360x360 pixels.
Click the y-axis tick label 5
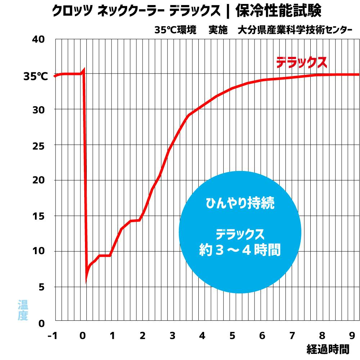(x=42, y=287)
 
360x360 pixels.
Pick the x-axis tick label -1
(x=53, y=336)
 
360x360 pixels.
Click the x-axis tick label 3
(x=172, y=336)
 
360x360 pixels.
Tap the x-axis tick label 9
(x=352, y=336)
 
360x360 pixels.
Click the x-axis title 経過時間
(x=328, y=349)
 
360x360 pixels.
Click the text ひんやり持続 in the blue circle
(x=240, y=204)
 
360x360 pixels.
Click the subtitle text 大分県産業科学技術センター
(x=295, y=30)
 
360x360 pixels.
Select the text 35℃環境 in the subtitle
(x=175, y=30)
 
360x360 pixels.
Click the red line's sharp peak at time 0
(x=84, y=69)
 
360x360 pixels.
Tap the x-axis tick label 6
(x=262, y=336)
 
